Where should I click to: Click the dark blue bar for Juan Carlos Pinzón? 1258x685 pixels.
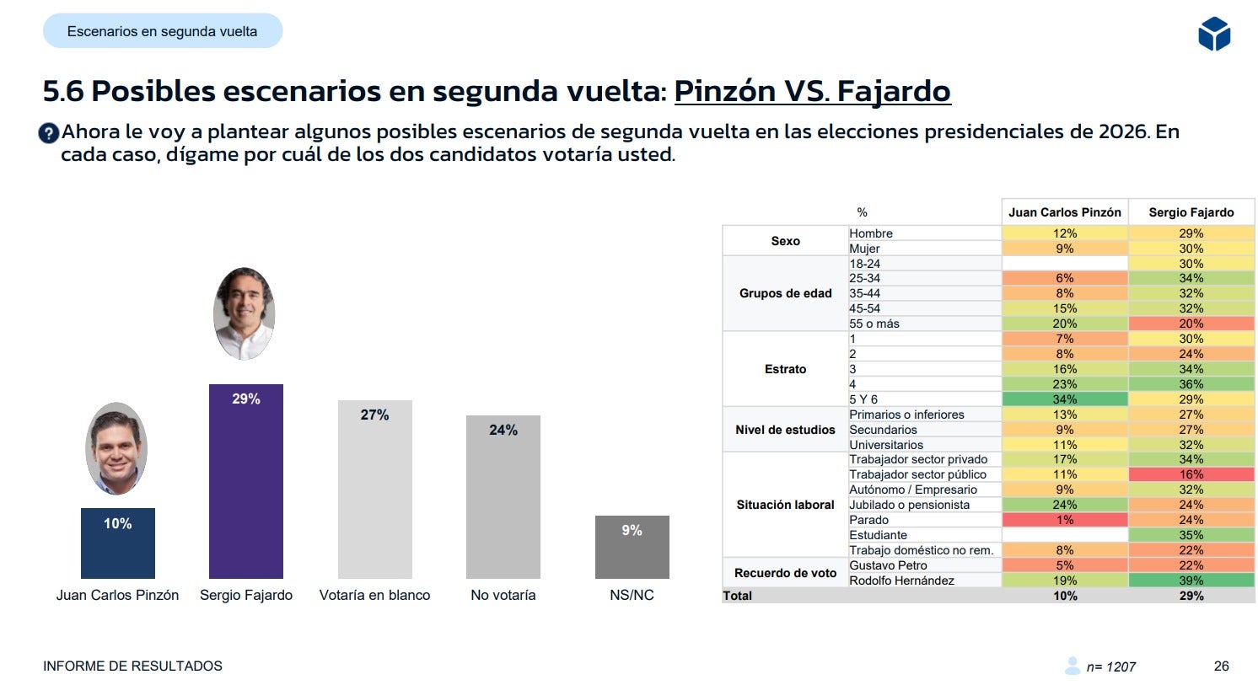tap(117, 543)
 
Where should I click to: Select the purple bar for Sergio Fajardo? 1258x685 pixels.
tap(245, 481)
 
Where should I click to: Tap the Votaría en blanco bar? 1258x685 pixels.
tap(374, 489)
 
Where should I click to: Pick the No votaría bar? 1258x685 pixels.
tap(503, 496)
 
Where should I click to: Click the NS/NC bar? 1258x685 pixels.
tap(632, 547)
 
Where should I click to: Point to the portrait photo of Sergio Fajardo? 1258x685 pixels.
tap(245, 313)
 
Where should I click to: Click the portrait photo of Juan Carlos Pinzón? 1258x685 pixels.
tap(116, 448)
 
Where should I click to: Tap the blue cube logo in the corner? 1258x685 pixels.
tap(1213, 35)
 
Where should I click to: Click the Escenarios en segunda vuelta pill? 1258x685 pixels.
tap(163, 31)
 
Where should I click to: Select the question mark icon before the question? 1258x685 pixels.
tap(49, 133)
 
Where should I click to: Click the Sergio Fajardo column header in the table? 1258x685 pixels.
tap(1191, 212)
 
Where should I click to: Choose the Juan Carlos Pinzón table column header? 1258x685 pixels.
tap(1064, 212)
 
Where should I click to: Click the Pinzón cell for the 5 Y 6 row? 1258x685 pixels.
tap(1064, 399)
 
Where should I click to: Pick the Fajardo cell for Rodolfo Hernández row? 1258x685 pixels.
tap(1191, 581)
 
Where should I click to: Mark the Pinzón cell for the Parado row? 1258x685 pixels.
tap(1064, 520)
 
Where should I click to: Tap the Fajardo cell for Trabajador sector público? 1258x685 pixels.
tap(1191, 474)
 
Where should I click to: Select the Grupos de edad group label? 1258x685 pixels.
tap(785, 293)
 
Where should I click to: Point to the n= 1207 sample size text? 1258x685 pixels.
tap(1110, 666)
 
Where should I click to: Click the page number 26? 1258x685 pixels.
tap(1221, 666)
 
